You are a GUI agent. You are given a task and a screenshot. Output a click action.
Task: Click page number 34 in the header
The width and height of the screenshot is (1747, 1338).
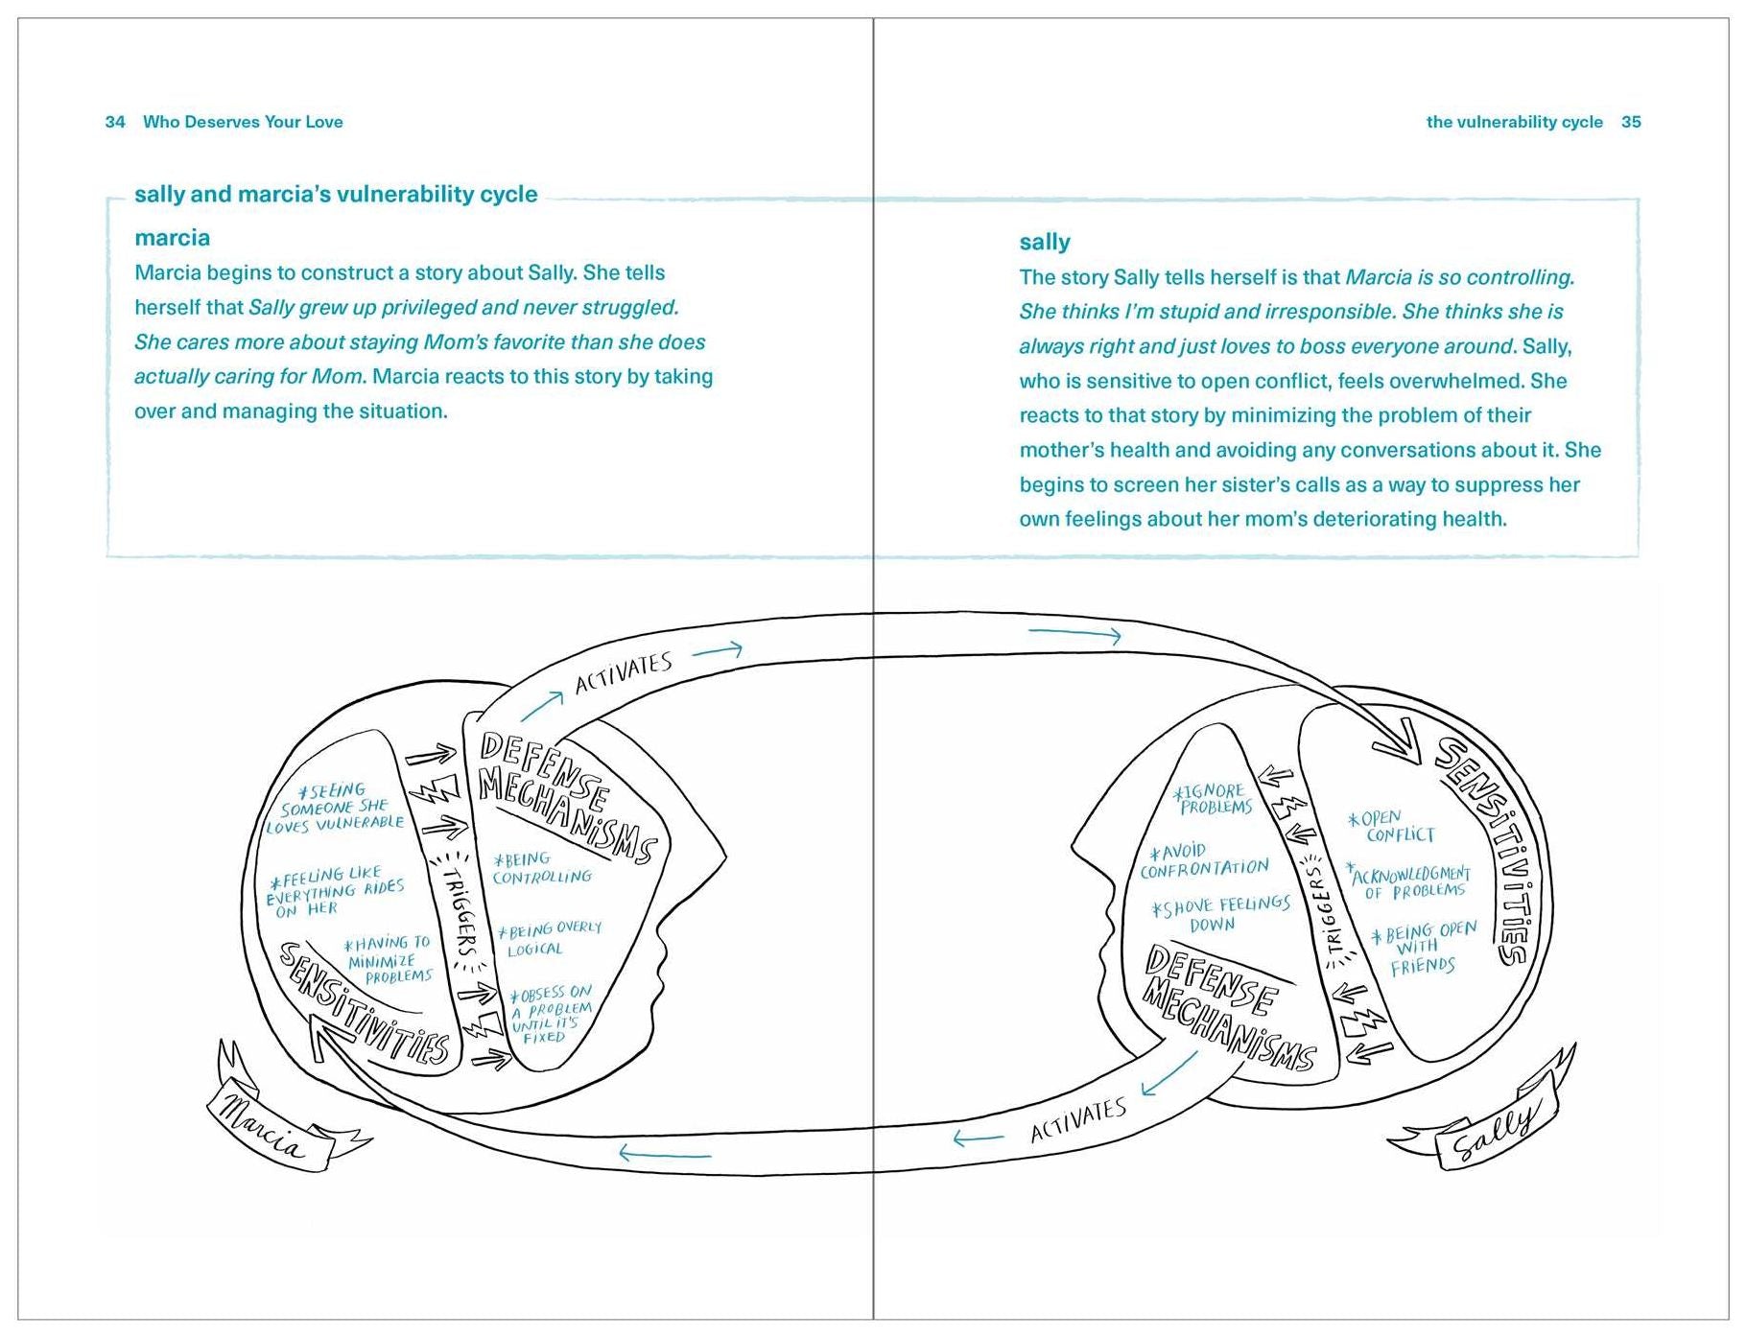[x=115, y=122]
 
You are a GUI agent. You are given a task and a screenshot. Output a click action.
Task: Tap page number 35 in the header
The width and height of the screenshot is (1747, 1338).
[x=1631, y=122]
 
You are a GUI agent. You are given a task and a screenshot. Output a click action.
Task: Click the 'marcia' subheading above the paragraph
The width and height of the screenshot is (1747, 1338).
[x=172, y=238]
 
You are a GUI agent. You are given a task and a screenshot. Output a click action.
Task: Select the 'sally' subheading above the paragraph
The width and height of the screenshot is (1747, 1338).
[x=1044, y=242]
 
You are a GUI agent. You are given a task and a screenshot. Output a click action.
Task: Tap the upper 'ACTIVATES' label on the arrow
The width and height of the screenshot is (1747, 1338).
[x=623, y=672]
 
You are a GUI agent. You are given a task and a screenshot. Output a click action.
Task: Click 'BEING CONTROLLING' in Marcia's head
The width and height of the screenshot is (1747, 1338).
[x=541, y=868]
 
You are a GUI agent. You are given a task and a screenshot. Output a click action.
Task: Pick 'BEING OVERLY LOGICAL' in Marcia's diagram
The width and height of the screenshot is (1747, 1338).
[x=549, y=939]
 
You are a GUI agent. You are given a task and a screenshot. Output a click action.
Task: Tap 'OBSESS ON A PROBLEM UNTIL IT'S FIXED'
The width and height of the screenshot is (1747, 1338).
[x=551, y=1014]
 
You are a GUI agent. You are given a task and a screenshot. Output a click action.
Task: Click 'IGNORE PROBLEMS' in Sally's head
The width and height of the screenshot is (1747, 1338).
[x=1214, y=799]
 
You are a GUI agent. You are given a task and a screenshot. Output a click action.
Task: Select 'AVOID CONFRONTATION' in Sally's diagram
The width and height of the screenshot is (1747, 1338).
[x=1204, y=860]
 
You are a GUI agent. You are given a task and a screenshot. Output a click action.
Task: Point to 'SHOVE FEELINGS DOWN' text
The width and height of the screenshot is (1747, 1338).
[x=1220, y=914]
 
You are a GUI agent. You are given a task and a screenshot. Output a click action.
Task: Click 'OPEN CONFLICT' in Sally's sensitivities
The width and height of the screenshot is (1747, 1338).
[x=1390, y=826]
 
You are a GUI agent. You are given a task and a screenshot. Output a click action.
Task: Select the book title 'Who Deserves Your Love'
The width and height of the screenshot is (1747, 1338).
[x=243, y=122]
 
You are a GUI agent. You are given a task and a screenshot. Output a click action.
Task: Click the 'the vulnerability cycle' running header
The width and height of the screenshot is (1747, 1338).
[x=1514, y=122]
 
